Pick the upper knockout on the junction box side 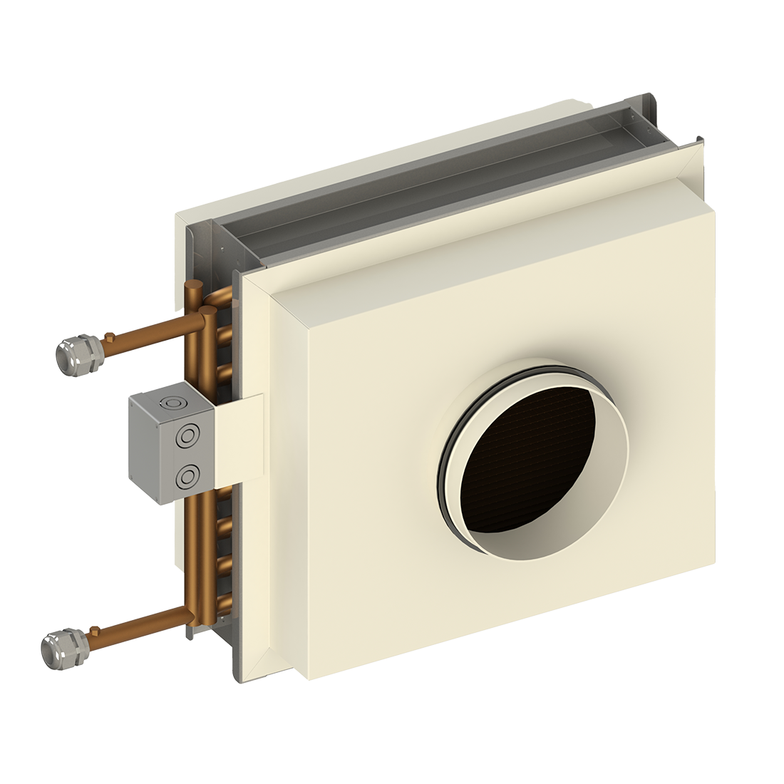188,435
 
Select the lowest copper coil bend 224,599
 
